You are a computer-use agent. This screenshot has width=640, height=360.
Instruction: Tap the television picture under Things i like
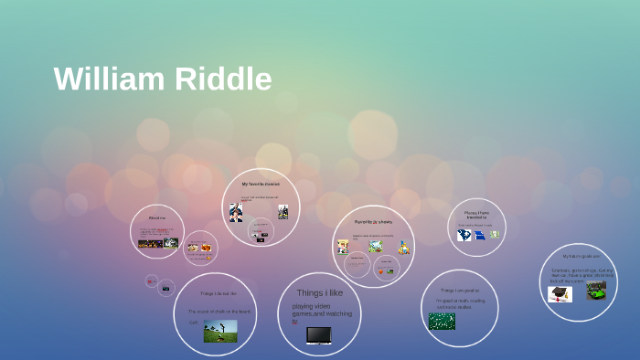pyautogui.click(x=318, y=335)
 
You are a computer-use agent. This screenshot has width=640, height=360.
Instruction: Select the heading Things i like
pyautogui.click(x=319, y=293)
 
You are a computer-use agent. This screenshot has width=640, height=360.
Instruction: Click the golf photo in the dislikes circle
pyautogui.click(x=220, y=331)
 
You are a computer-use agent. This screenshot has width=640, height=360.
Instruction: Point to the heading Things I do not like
pyautogui.click(x=219, y=293)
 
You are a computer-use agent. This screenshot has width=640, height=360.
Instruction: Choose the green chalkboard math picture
pyautogui.click(x=442, y=321)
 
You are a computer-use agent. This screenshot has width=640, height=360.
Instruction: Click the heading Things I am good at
pyautogui.click(x=460, y=291)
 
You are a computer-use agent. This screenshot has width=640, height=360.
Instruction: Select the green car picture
pyautogui.click(x=595, y=291)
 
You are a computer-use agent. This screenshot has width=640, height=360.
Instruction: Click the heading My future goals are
pyautogui.click(x=581, y=256)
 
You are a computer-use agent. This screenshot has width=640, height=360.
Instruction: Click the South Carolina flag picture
pyautogui.click(x=464, y=235)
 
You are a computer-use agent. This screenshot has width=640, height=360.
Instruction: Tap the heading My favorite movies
pyautogui.click(x=261, y=184)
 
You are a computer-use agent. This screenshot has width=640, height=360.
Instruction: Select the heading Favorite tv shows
pyautogui.click(x=373, y=221)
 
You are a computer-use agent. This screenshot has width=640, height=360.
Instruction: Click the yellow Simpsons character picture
pyautogui.click(x=403, y=248)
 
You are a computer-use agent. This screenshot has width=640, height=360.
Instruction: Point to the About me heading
pyautogui.click(x=157, y=217)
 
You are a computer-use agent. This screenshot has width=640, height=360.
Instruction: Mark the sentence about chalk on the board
pyautogui.click(x=219, y=311)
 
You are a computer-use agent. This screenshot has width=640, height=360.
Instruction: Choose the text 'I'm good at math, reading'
pyautogui.click(x=460, y=301)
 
